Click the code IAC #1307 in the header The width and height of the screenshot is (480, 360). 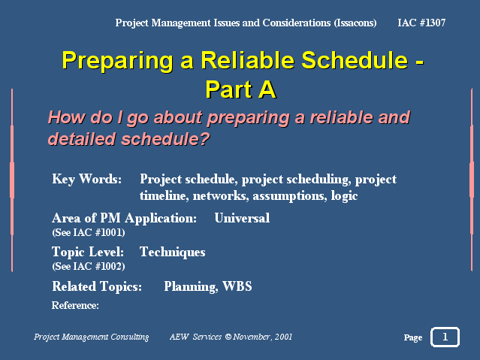[x=421, y=23]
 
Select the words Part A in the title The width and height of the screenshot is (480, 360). [x=240, y=89]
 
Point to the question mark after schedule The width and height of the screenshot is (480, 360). [x=204, y=138]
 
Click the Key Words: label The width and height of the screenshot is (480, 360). [x=86, y=179]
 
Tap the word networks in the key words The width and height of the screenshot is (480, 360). [x=221, y=195]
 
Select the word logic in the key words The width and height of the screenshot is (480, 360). [x=344, y=196]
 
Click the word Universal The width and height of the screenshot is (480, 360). [x=242, y=218]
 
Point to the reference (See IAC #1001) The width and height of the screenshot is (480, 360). [x=89, y=232]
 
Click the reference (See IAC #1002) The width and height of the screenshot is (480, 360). [x=89, y=266]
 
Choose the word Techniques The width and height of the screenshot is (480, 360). [x=172, y=253]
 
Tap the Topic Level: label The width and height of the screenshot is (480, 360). [x=88, y=252]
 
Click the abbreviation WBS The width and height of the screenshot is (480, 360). [x=237, y=286]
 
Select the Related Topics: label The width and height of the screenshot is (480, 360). [x=97, y=286]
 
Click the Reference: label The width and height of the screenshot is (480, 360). [x=75, y=305]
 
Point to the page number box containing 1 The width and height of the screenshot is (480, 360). [x=445, y=337]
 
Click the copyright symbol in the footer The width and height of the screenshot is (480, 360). [x=228, y=337]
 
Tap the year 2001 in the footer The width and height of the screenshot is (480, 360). [x=283, y=337]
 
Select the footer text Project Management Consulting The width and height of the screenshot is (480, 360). [x=91, y=337]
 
